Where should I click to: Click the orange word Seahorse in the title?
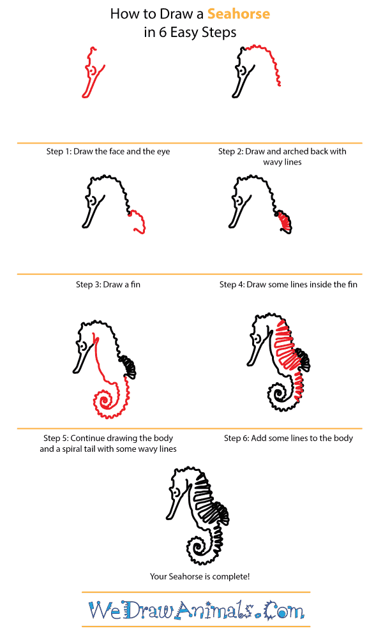click(239, 14)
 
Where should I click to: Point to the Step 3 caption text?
click(108, 285)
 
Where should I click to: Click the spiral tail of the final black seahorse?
click(197, 547)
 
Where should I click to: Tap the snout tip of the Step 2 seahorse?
click(234, 96)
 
